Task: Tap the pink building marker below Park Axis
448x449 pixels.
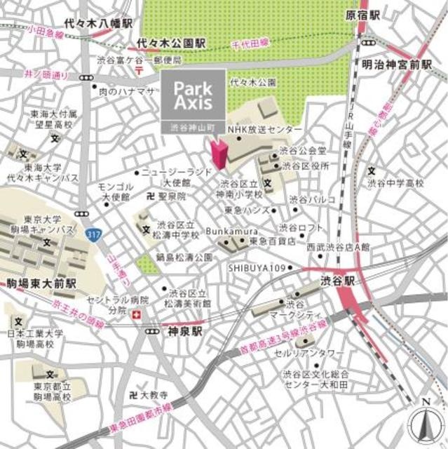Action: click(x=218, y=152)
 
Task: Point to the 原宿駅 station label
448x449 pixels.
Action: click(x=362, y=14)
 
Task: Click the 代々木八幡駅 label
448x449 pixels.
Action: click(x=97, y=24)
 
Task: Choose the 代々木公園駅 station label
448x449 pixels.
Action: click(x=172, y=43)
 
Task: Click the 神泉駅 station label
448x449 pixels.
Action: click(x=184, y=330)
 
